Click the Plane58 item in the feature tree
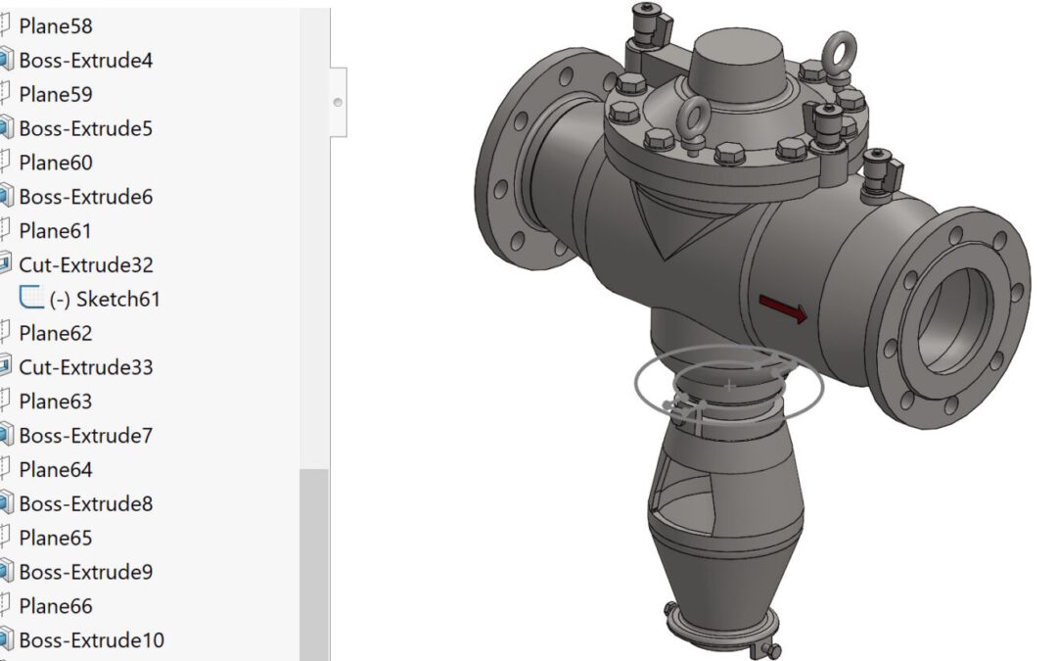click(55, 26)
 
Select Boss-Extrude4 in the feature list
click(85, 61)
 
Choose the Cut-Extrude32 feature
click(85, 265)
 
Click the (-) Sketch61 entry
click(105, 299)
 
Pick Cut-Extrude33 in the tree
click(85, 367)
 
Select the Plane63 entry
click(55, 401)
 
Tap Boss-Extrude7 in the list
click(85, 436)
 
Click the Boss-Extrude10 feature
click(91, 640)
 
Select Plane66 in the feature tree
click(55, 606)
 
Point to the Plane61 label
click(55, 231)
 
